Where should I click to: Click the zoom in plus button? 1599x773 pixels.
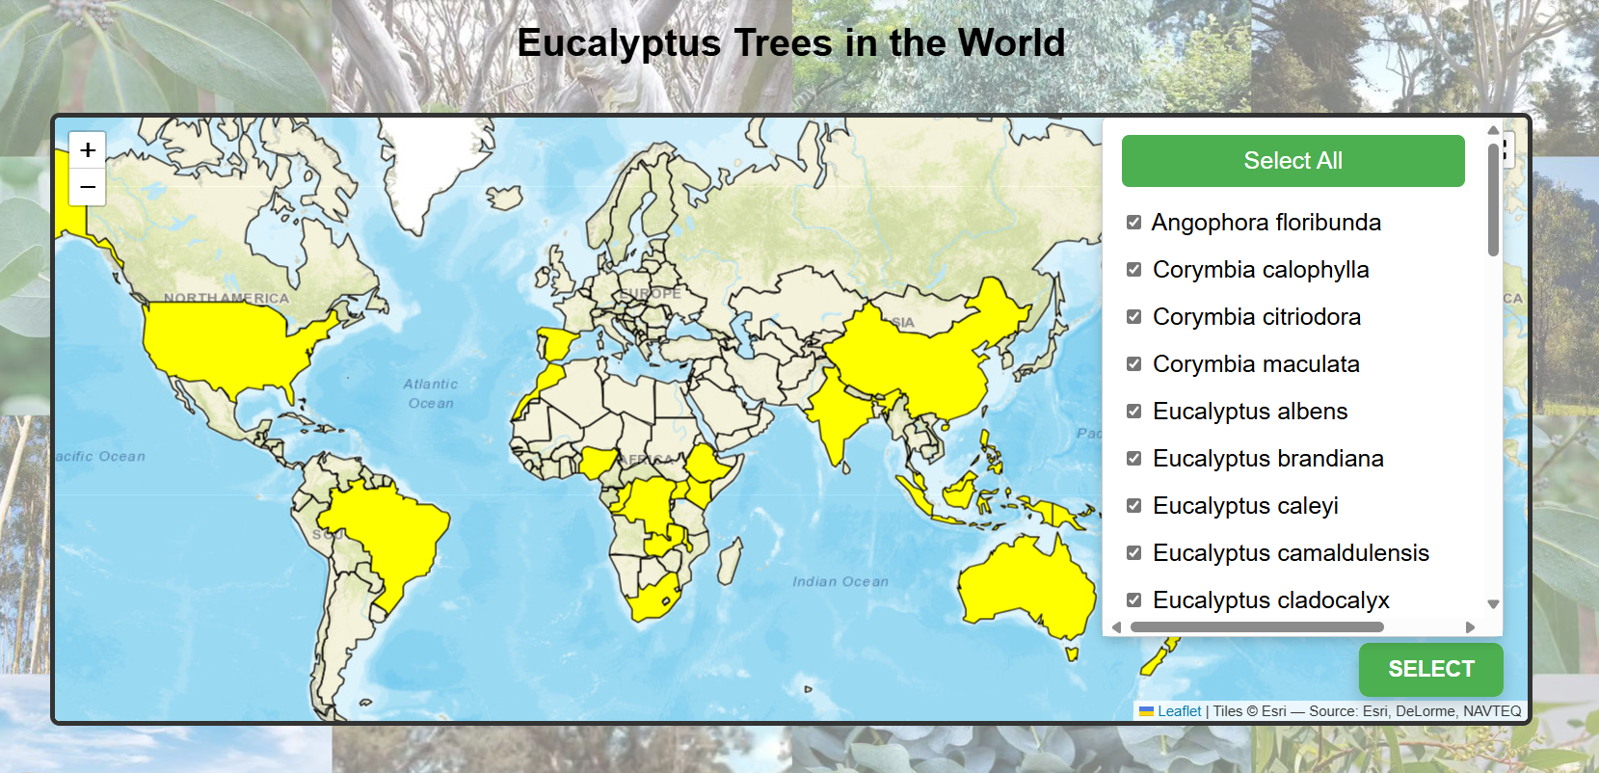(88, 150)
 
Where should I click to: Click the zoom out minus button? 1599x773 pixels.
(88, 187)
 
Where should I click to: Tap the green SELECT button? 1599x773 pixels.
(1430, 669)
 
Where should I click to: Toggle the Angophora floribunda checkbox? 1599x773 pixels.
(1134, 223)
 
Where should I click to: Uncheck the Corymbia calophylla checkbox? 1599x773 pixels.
(1134, 270)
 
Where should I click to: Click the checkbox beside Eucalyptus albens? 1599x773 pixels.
(1134, 412)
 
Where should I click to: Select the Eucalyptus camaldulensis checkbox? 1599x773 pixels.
(1134, 553)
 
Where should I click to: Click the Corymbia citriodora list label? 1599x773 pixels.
(1256, 317)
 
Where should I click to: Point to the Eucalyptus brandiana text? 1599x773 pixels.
(1267, 459)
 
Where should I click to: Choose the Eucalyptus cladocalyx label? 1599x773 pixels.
(1270, 600)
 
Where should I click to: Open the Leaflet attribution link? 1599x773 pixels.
(1179, 711)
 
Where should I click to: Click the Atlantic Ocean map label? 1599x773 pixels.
(431, 393)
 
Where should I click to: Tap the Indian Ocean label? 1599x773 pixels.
(839, 581)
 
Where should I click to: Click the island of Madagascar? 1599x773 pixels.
(731, 561)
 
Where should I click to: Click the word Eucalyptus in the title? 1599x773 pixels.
(619, 43)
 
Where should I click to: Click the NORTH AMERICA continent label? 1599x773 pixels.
(226, 298)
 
